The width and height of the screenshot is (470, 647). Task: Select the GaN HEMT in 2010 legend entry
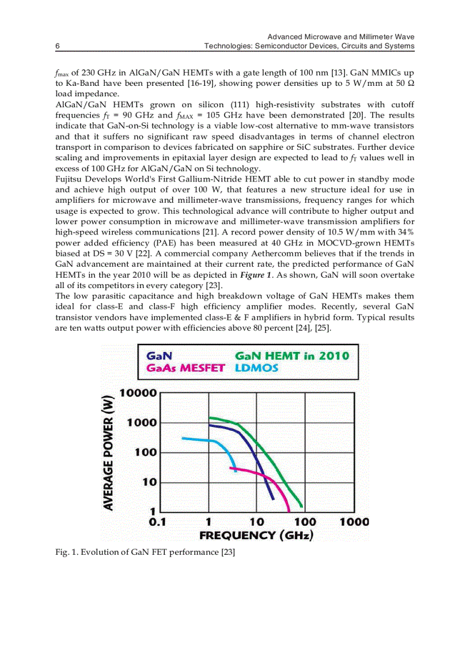coord(292,355)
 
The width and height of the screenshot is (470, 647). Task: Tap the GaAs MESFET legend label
coord(185,368)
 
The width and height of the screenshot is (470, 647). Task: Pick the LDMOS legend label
coord(256,368)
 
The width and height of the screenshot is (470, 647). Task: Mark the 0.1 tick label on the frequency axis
coord(157,522)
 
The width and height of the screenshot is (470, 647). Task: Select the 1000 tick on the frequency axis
coord(354,522)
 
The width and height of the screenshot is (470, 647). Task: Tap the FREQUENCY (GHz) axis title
coord(256,536)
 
